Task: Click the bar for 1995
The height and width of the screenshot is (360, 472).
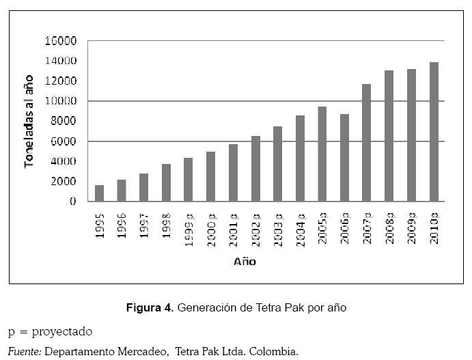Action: (99, 193)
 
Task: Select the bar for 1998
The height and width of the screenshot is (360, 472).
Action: (166, 183)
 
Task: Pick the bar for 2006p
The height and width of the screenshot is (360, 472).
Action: (345, 158)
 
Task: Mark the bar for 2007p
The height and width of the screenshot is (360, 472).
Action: (367, 143)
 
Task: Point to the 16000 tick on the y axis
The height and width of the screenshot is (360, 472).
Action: (60, 41)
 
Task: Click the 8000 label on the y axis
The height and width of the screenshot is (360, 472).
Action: (63, 122)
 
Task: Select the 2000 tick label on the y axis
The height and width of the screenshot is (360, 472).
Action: (63, 182)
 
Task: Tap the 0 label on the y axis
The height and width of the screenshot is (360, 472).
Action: (72, 202)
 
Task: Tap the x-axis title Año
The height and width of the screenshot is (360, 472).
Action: (245, 261)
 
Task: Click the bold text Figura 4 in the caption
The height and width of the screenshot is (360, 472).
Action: (150, 308)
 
